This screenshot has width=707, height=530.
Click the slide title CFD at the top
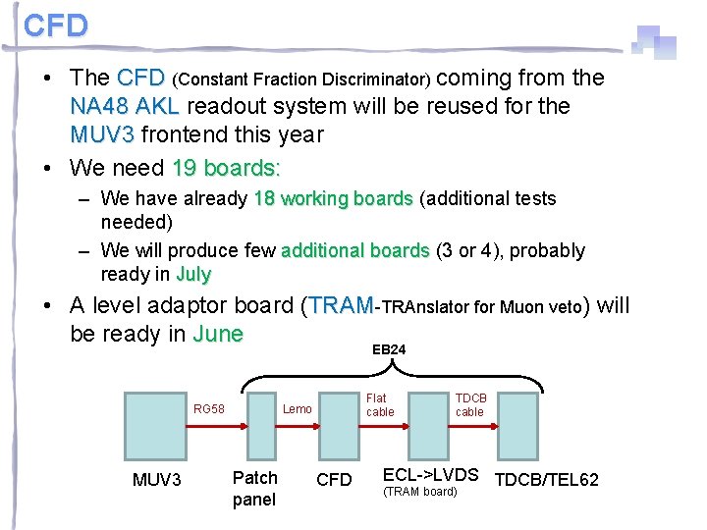coord(56,26)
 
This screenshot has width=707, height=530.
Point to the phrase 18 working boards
coord(332,198)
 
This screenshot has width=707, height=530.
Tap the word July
coord(193,274)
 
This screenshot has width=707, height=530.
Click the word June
coord(217,334)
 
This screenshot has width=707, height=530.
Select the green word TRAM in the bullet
coord(341,306)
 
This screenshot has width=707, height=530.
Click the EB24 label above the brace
coord(389,349)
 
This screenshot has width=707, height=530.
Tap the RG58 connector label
coord(208,408)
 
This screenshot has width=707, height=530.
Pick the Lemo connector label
coord(298,408)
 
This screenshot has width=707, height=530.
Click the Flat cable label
coord(379,404)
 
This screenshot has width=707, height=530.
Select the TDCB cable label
coord(469,404)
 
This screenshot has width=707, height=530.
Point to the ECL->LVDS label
coord(430,475)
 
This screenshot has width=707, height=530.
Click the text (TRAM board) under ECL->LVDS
coord(419,491)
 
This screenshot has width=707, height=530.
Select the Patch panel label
coord(254,488)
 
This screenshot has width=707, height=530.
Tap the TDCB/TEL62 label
coord(546,480)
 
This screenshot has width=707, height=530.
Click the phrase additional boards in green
coord(354,250)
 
